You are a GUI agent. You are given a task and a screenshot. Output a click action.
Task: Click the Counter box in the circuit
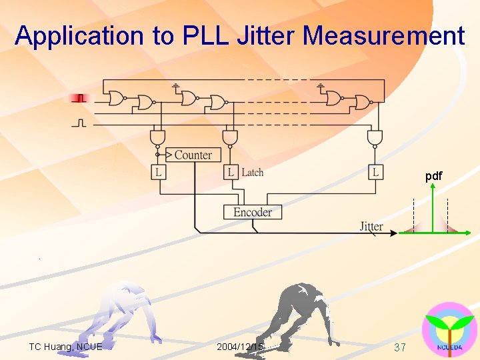point(193,155)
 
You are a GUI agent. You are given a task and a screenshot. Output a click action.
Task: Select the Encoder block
point(253,212)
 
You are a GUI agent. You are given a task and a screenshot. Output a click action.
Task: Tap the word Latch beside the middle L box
point(253,173)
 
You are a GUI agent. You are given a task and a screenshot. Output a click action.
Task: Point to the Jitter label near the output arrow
point(371,226)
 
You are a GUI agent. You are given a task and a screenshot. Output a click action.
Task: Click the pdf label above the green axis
point(433,176)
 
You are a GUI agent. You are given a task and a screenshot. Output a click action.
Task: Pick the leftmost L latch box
point(159,172)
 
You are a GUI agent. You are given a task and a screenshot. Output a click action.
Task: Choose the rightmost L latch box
point(376,172)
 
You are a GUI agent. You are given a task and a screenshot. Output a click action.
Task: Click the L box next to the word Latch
point(231,172)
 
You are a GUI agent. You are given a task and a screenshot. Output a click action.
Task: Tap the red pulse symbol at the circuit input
point(80,99)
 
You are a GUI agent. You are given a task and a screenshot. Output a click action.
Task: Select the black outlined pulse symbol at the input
point(80,123)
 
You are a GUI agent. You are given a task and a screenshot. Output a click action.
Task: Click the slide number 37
point(400,347)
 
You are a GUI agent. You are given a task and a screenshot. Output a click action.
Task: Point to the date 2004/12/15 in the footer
point(240,347)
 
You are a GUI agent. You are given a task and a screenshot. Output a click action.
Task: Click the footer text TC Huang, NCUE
point(65,347)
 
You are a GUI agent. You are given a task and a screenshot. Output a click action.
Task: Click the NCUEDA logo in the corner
point(449,330)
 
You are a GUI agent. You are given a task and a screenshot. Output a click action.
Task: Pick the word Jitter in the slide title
point(271,35)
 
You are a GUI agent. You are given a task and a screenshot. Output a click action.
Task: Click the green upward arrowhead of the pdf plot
point(433,187)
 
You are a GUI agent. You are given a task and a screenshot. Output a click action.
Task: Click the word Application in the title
point(79,35)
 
